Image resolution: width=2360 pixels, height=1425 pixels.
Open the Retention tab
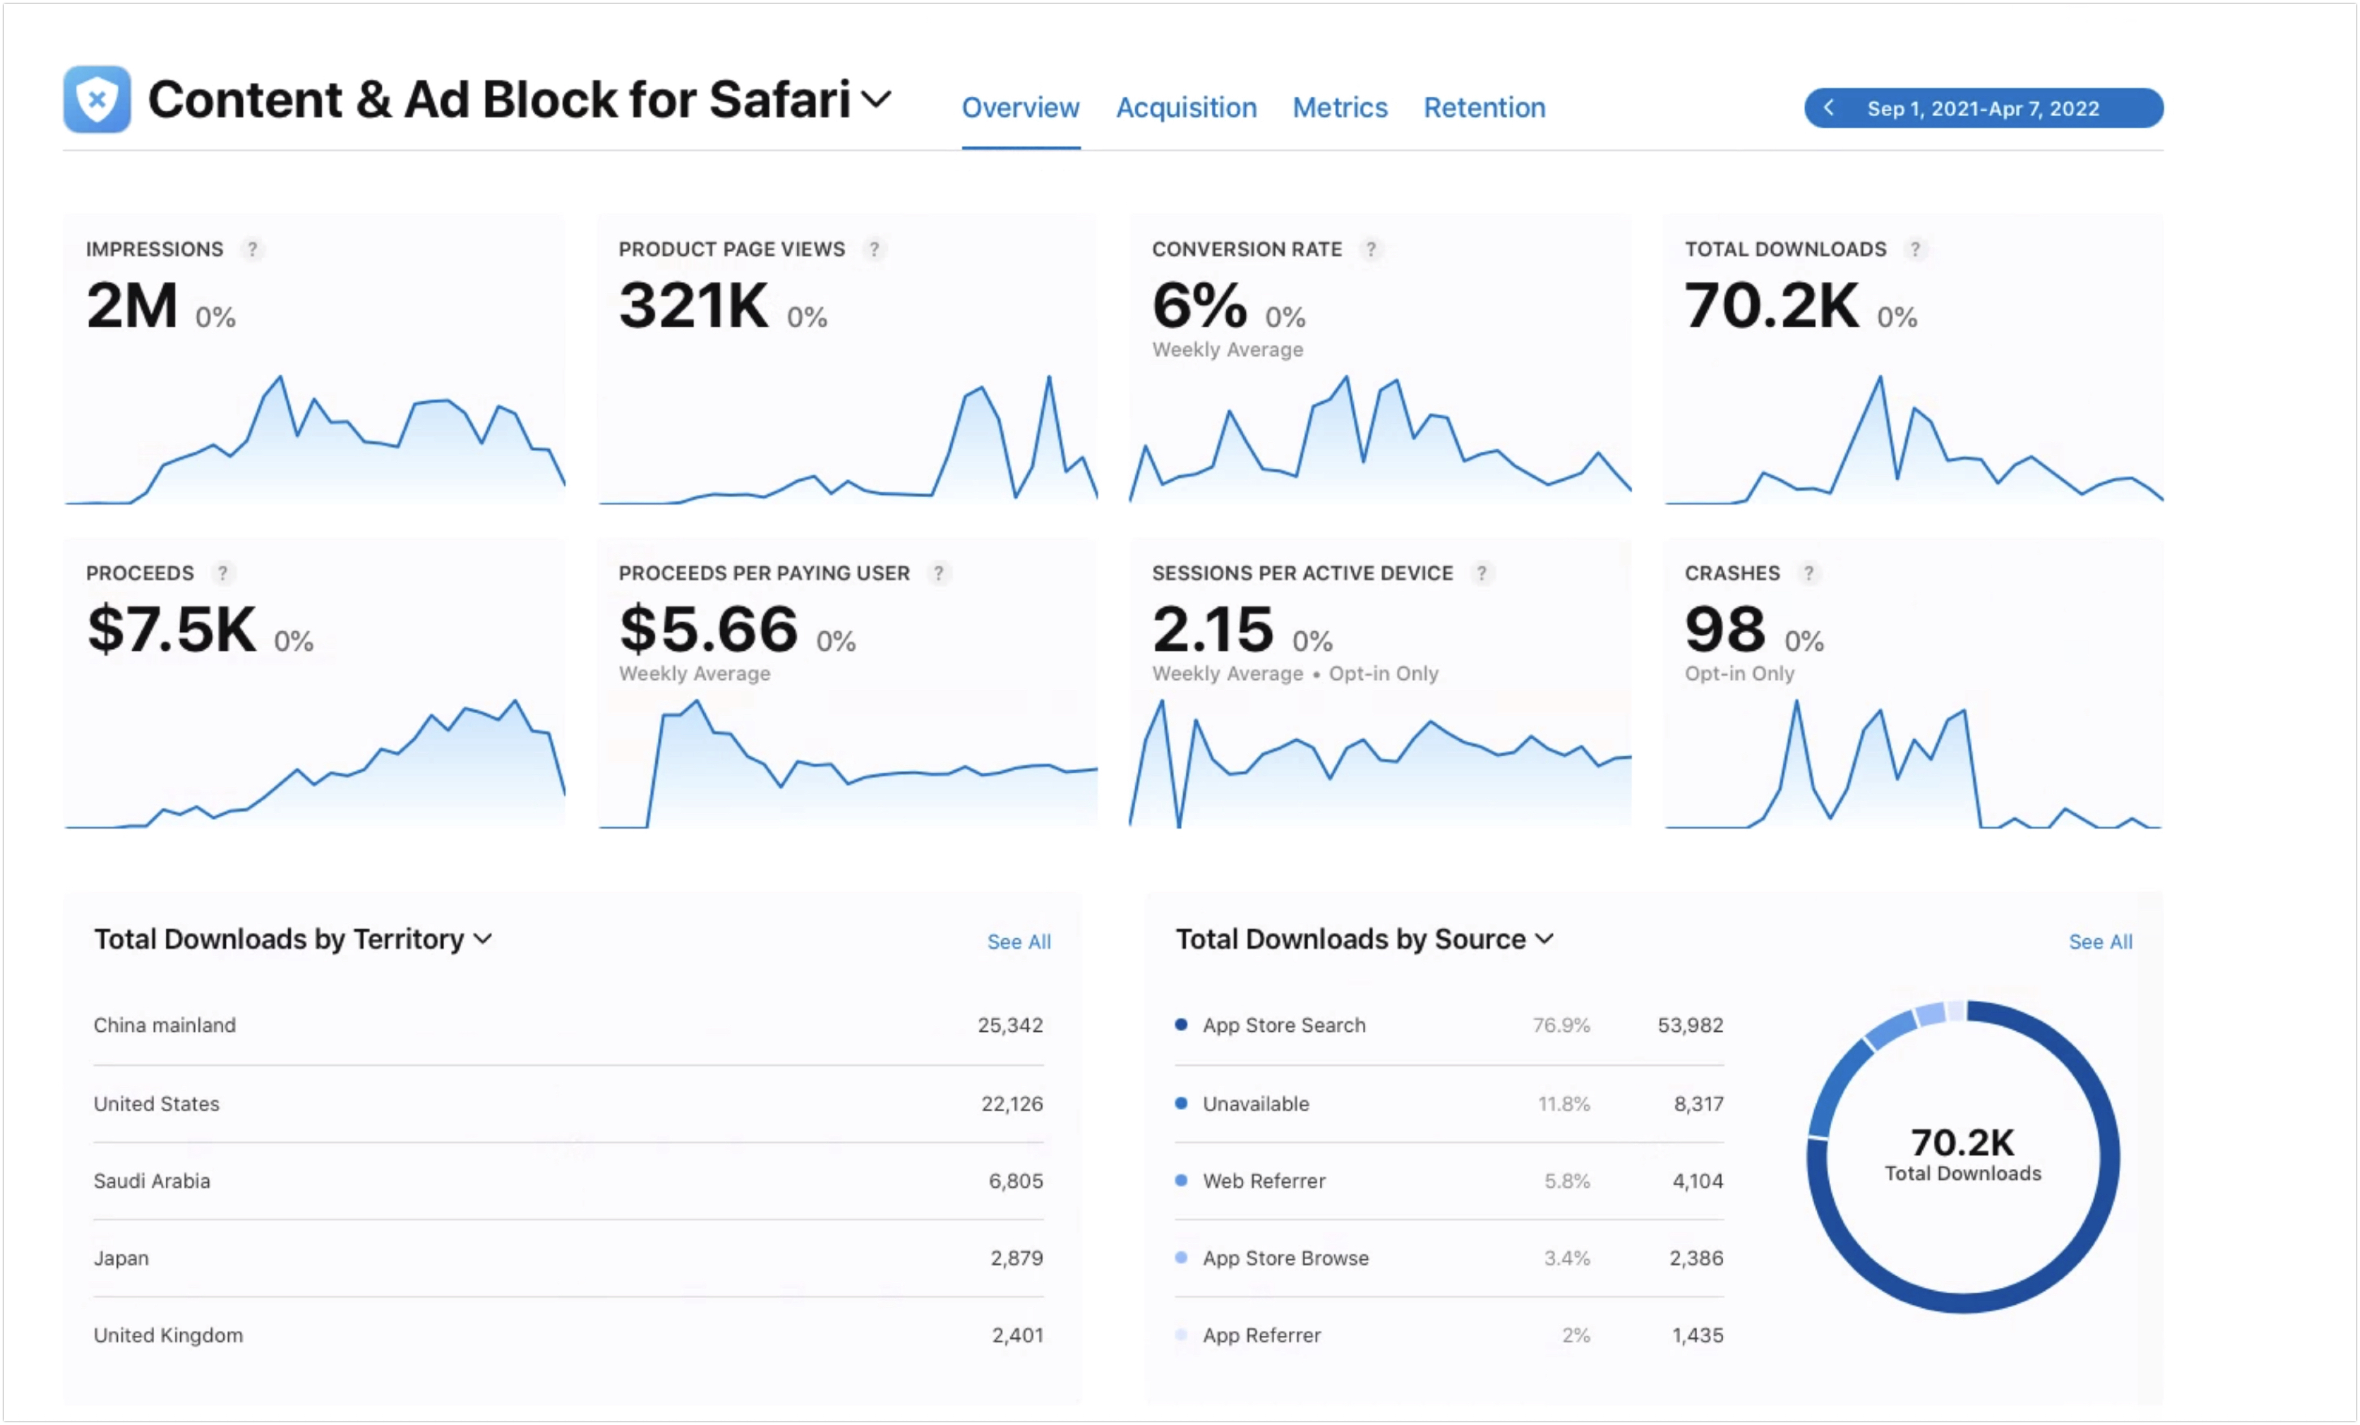1485,107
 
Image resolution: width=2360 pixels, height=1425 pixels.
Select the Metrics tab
1340,107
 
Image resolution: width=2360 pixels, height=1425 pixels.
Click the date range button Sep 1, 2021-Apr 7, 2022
1984,108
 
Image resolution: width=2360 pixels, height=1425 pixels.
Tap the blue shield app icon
97,99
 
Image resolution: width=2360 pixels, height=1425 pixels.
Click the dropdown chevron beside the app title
876,99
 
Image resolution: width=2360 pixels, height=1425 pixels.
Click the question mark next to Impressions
252,249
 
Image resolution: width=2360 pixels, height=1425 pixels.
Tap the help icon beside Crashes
1808,573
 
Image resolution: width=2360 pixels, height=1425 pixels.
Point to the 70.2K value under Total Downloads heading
1772,306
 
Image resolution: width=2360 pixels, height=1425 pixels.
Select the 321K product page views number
694,306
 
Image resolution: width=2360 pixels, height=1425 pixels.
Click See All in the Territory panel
1019,942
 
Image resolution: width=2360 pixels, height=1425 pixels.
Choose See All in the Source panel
2101,942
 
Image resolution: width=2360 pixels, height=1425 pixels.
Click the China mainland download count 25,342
1010,1025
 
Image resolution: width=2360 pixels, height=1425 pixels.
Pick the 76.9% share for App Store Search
1561,1025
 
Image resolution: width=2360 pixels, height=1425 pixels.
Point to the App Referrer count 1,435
1698,1335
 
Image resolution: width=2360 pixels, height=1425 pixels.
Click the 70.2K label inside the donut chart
1962,1142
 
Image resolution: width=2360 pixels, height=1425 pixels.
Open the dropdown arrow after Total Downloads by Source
1544,939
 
